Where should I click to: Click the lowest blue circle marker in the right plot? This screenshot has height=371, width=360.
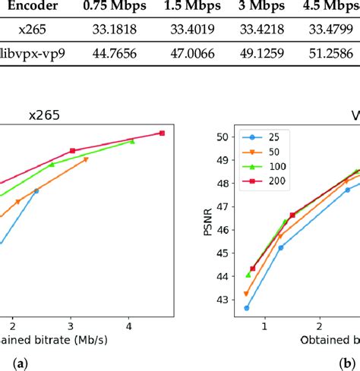click(247, 308)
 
